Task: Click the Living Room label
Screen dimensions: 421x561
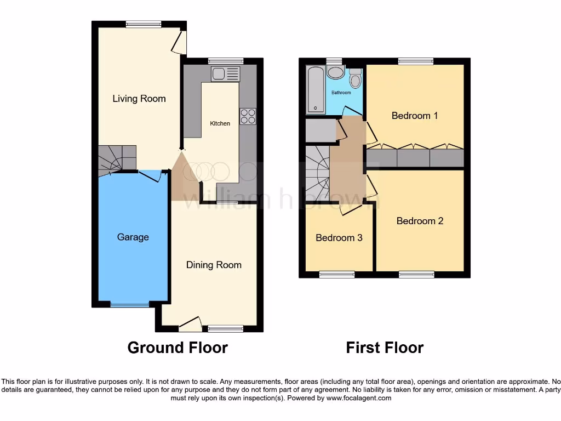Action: (x=139, y=99)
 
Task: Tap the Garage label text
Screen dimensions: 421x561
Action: (x=133, y=237)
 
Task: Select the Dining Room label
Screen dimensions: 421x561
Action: (x=214, y=265)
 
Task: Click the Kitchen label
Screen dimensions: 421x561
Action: (x=220, y=123)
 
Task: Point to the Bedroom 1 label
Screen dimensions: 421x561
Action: (x=415, y=116)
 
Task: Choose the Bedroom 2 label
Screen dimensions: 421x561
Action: (x=420, y=221)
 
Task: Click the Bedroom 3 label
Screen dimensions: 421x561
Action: (x=339, y=238)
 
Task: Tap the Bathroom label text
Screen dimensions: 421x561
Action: (x=341, y=93)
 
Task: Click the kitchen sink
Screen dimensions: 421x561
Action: (x=225, y=74)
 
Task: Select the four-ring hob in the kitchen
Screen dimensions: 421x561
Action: (x=248, y=116)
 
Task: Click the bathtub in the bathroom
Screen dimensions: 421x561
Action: (x=315, y=89)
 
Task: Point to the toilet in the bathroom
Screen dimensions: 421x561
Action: (x=355, y=79)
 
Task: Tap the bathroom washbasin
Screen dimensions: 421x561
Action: (x=335, y=72)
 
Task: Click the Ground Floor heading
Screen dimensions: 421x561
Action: (x=178, y=348)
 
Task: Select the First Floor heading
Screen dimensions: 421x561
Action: (x=385, y=348)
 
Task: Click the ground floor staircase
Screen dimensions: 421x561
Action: (x=117, y=158)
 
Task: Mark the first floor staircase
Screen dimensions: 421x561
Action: (x=317, y=174)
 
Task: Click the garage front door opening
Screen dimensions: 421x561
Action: (x=129, y=304)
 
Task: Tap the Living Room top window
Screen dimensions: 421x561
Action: (x=144, y=24)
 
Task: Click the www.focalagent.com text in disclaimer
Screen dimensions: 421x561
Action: (x=358, y=398)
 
